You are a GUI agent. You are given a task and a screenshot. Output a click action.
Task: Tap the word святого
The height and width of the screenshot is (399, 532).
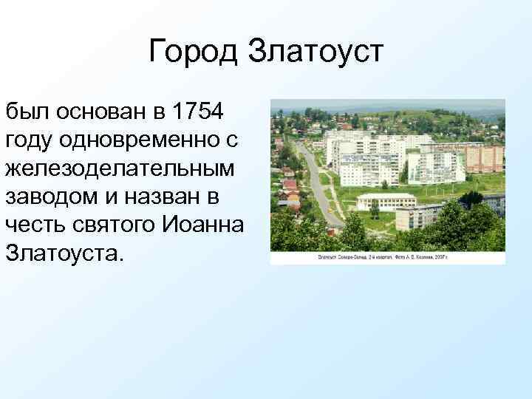(x=112, y=223)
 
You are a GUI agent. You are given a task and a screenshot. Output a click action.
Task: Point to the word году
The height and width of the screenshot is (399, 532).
(x=30, y=139)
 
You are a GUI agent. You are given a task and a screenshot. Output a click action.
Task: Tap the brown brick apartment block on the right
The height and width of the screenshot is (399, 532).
(x=484, y=157)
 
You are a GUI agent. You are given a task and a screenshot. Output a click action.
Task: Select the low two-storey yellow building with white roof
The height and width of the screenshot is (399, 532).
(x=386, y=201)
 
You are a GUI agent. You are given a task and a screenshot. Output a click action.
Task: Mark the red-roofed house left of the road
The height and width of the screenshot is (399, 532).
(x=290, y=185)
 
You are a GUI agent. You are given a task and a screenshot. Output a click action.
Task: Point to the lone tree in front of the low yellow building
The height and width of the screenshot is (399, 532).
(x=375, y=209)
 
